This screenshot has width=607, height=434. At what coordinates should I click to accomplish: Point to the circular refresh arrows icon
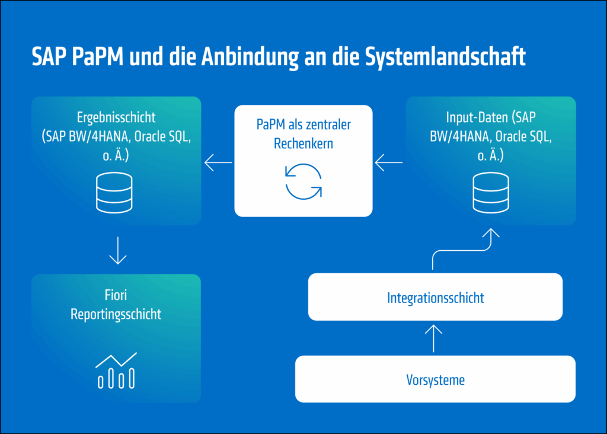[x=303, y=181]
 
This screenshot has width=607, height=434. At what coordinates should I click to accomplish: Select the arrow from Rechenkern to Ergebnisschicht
[x=218, y=161]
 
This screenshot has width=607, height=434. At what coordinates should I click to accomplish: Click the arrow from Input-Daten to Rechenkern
[x=389, y=161]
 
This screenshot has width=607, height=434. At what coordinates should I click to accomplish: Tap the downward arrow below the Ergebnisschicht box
[x=118, y=251]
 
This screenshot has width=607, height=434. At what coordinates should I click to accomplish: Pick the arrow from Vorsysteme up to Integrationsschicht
[x=435, y=338]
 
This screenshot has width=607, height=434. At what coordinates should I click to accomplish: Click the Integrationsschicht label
[x=435, y=298]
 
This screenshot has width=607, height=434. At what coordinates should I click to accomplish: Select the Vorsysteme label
[x=435, y=379]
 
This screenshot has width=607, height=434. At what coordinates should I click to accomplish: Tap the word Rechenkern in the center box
[x=303, y=143]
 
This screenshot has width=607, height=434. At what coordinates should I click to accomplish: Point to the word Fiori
[x=116, y=295]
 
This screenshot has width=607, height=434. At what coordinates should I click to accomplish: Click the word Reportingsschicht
[x=116, y=314]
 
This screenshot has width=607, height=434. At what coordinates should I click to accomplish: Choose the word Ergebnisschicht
[x=116, y=117]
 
